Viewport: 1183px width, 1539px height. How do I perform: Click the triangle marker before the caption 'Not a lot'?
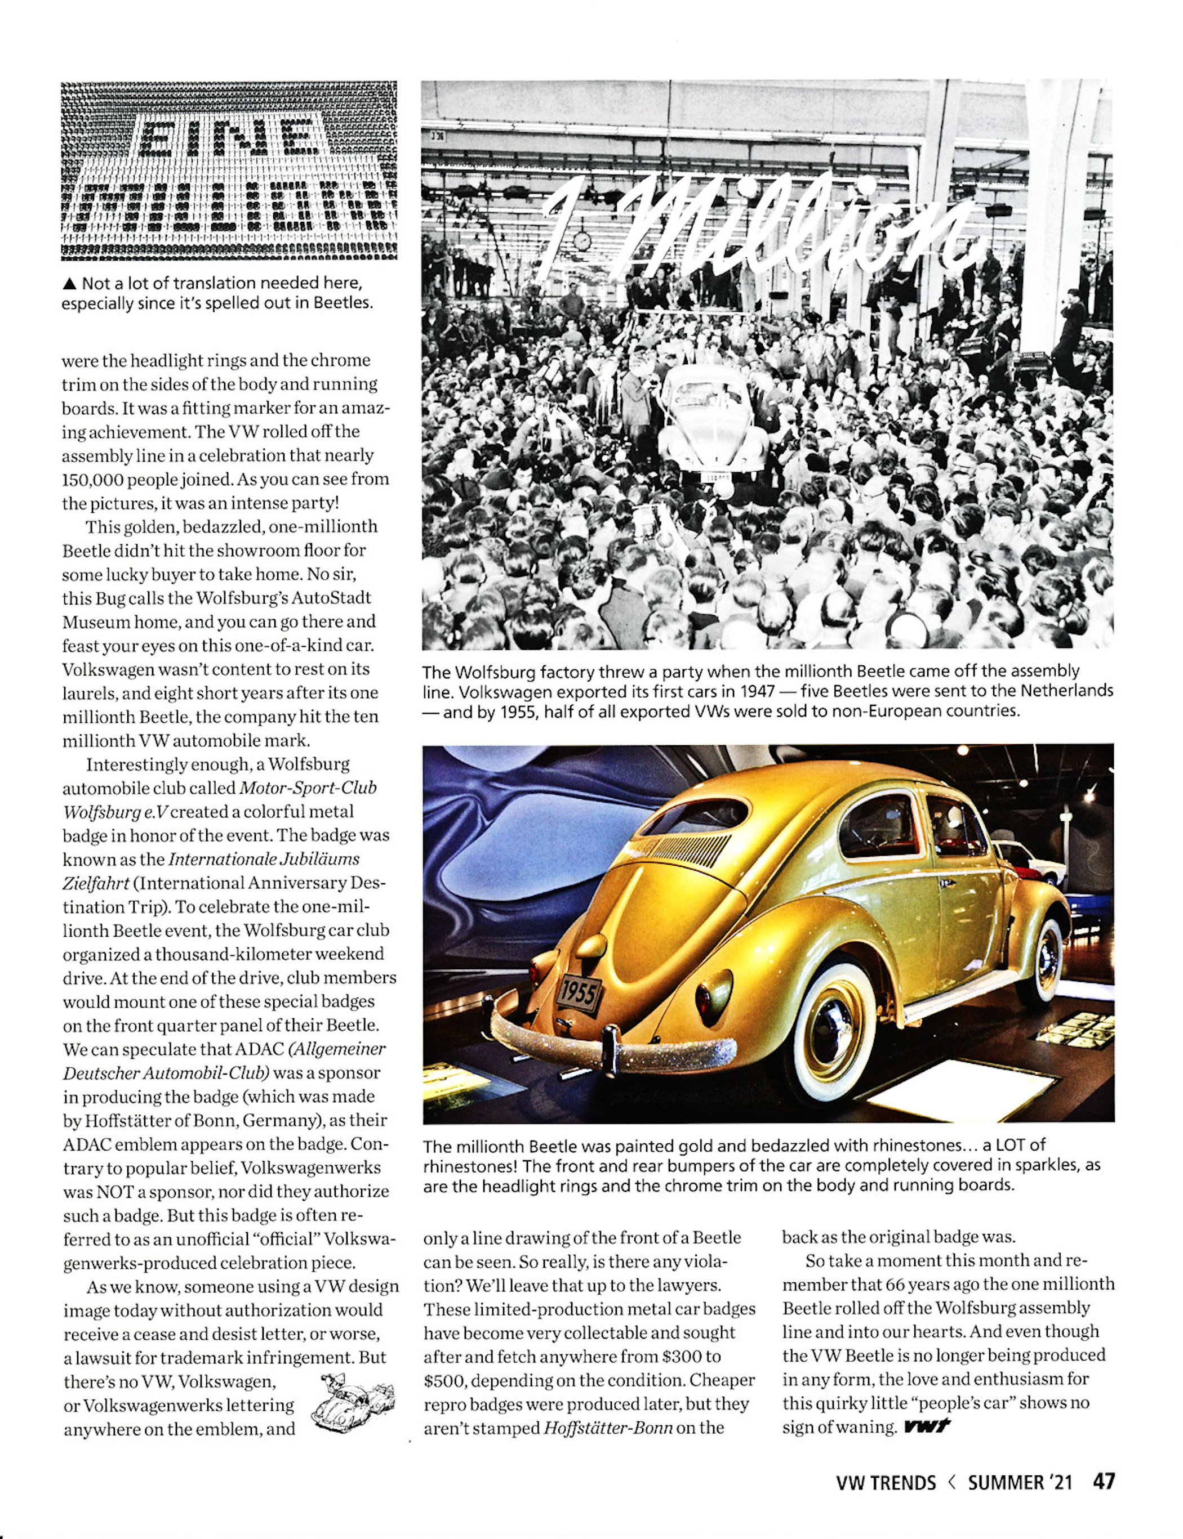pos(69,284)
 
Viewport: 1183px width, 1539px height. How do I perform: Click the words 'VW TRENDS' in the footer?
pos(885,1482)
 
